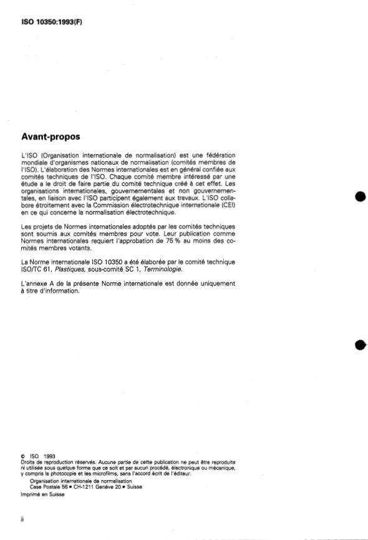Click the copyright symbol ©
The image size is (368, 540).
(23, 456)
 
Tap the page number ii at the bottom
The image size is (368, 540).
(22, 518)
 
